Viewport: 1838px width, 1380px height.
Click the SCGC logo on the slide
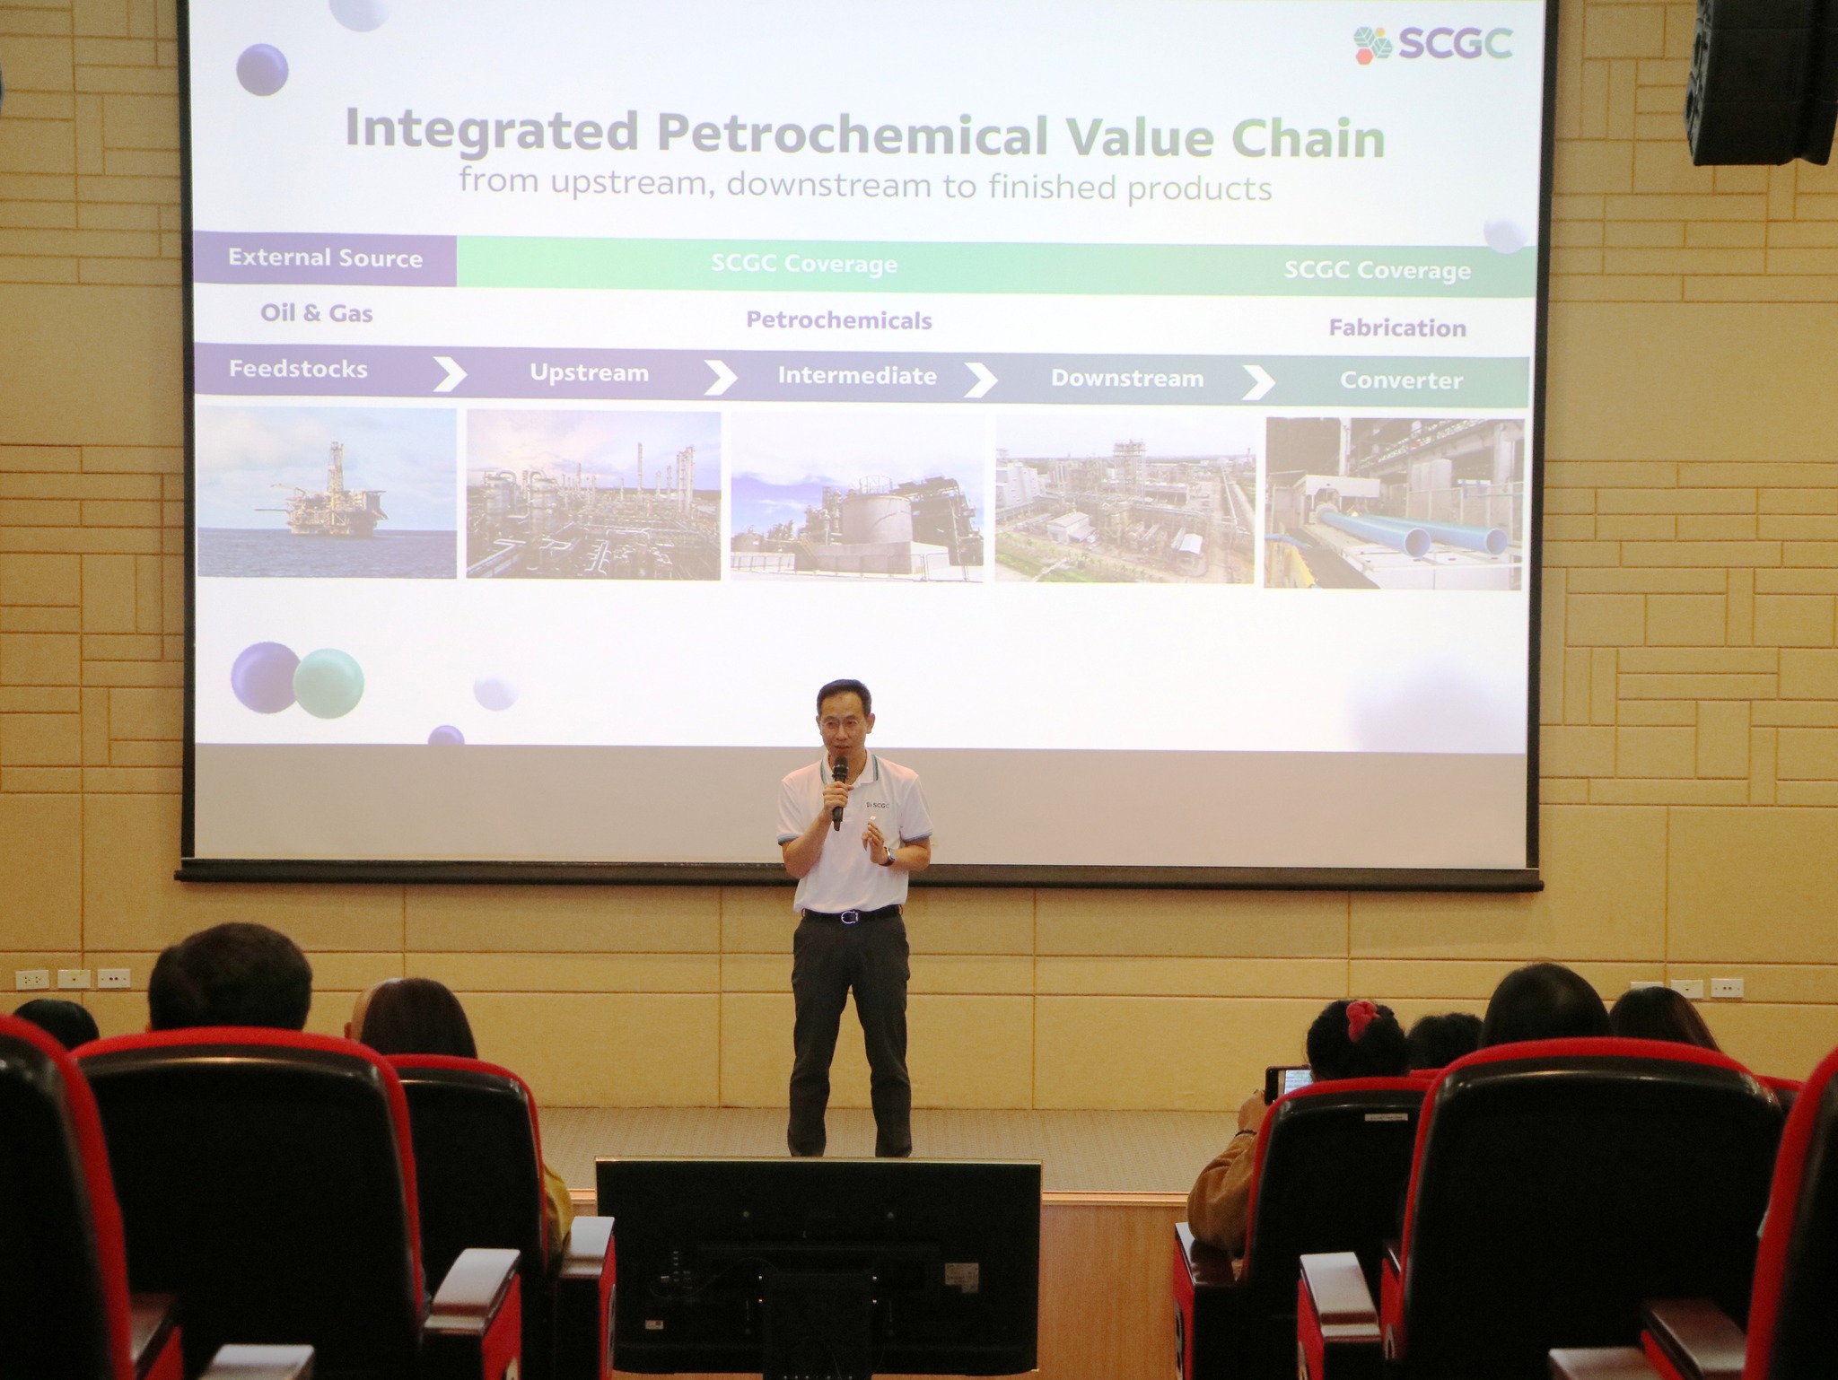point(1433,44)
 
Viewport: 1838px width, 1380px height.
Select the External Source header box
point(325,259)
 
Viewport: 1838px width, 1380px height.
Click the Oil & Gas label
point(316,313)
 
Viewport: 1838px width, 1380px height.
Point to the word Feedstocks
point(298,369)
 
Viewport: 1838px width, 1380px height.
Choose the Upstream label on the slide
point(589,373)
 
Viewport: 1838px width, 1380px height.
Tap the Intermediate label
point(857,376)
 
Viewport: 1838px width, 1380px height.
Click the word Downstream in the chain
point(1127,379)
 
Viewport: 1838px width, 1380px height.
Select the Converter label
point(1401,380)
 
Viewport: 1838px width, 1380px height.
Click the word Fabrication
point(1397,328)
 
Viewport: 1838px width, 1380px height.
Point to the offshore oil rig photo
point(327,493)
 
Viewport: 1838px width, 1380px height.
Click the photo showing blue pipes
point(1394,503)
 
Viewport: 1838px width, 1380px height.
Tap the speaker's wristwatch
point(889,857)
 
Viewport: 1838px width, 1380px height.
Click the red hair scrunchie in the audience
point(1363,1021)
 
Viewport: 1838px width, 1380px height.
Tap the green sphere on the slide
point(328,684)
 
